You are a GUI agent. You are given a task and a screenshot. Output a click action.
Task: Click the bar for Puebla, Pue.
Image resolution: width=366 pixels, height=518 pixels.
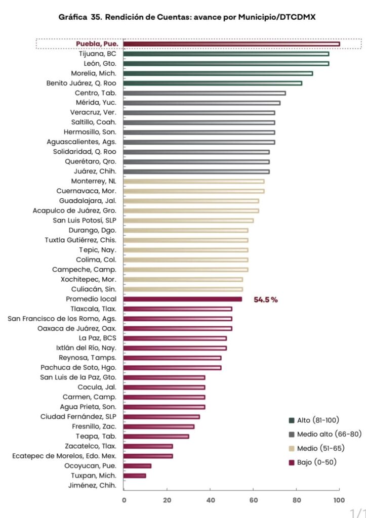pyautogui.click(x=231, y=44)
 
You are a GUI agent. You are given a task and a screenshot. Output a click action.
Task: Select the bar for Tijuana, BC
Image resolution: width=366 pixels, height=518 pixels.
pyautogui.click(x=226, y=54)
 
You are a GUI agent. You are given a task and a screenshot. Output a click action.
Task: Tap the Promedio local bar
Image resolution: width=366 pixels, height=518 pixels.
pyautogui.click(x=182, y=299)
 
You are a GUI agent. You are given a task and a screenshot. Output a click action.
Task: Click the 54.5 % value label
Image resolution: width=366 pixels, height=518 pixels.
pyautogui.click(x=265, y=299)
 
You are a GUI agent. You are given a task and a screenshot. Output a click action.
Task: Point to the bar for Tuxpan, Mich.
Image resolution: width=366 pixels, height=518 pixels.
pyautogui.click(x=135, y=476)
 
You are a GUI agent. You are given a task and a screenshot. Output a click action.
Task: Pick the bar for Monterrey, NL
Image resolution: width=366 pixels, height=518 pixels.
pyautogui.click(x=193, y=181)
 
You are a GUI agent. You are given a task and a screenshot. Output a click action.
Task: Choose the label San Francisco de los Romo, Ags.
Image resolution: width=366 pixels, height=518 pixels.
pyautogui.click(x=62, y=319)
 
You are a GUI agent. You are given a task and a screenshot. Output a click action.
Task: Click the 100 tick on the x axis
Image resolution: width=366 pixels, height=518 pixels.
pyautogui.click(x=339, y=500)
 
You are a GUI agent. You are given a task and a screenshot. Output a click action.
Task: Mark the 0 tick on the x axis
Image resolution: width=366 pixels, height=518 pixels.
pyautogui.click(x=124, y=500)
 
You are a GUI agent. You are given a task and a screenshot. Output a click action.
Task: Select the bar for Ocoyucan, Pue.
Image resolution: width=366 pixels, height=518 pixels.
pyautogui.click(x=137, y=465)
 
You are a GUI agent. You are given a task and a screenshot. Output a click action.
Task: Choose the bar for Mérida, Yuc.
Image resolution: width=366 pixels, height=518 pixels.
pyautogui.click(x=201, y=103)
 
